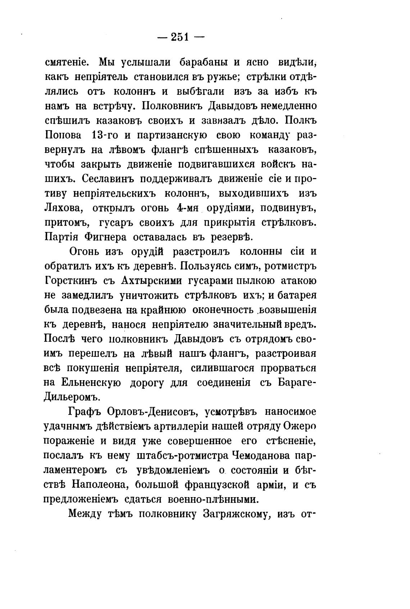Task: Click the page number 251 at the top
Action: tap(179, 37)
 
